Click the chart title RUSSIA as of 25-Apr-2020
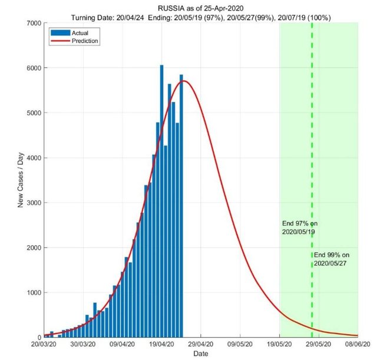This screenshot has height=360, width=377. point(201,8)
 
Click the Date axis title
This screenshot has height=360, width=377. point(201,354)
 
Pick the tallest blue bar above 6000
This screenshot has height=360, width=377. point(161,200)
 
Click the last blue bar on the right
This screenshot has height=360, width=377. point(181,206)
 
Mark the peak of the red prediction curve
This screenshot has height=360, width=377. point(185,81)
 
